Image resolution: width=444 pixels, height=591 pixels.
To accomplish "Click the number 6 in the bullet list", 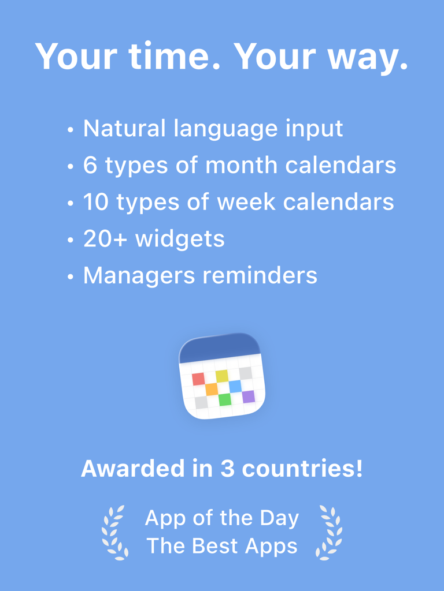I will tap(90, 165).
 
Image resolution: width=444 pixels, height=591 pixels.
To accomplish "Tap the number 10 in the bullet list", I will tap(95, 202).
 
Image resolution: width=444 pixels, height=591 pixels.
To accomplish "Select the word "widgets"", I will tap(180, 239).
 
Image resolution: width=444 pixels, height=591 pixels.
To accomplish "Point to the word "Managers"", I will tap(137, 276).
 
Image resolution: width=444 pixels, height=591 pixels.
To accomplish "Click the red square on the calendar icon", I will tap(198, 379).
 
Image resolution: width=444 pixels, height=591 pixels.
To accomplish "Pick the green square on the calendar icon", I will tap(225, 399).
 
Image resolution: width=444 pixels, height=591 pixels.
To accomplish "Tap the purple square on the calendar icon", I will tap(248, 397).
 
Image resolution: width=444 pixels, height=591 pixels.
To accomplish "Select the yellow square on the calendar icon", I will tap(222, 376).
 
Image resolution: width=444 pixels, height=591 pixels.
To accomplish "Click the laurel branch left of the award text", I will tap(114, 532).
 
